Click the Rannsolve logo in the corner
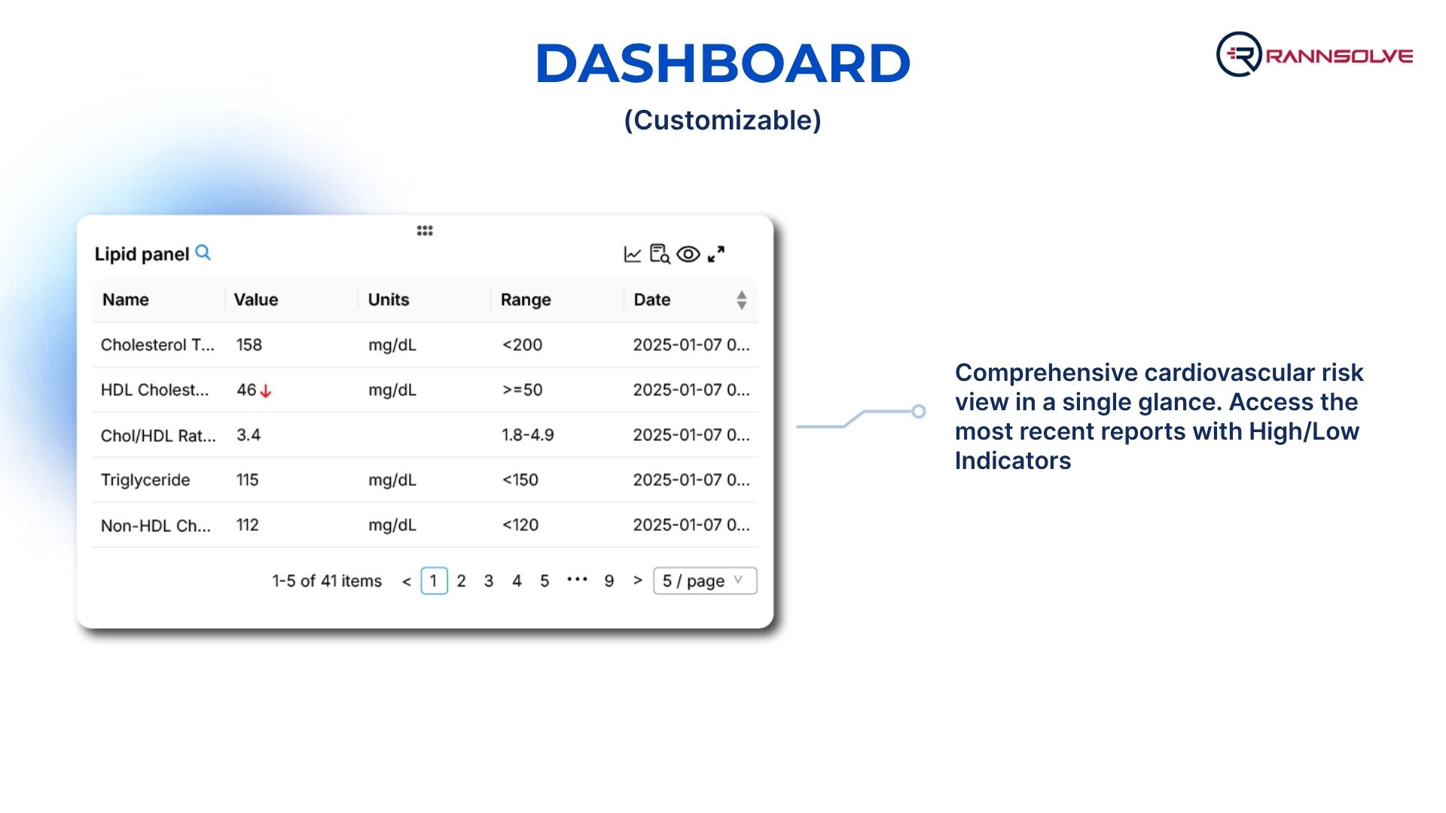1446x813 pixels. pos(1314,54)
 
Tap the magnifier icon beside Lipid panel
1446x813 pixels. pos(203,253)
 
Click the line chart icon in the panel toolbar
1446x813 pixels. pos(633,254)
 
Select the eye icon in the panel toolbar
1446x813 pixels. pos(688,254)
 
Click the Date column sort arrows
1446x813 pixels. pos(742,300)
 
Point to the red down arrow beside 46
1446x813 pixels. pos(266,391)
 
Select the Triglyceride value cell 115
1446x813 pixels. pos(248,480)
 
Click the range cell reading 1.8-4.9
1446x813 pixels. pos(528,435)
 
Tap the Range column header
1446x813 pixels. pos(526,300)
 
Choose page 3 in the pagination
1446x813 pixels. pos(489,581)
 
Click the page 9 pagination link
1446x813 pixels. pos(609,581)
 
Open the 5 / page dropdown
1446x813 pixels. pos(705,581)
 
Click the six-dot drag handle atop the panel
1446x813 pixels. pos(425,230)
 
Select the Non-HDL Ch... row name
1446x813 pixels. pos(156,525)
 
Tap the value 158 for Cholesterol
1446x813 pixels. pos(249,345)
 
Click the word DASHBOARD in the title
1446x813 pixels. pos(723,63)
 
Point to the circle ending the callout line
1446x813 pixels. pos(919,411)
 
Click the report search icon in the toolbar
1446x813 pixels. pos(660,254)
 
